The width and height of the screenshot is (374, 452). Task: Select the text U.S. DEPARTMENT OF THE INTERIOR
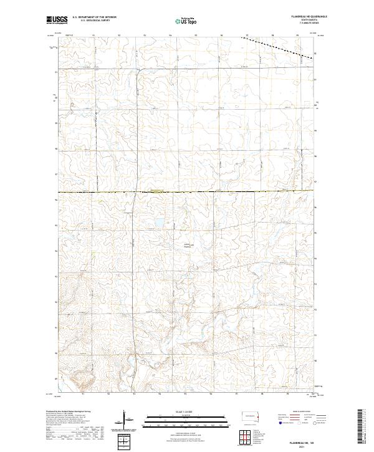coord(94,17)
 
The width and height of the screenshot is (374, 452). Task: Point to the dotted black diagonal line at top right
coord(277,46)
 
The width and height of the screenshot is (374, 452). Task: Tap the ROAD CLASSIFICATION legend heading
coord(300,412)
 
